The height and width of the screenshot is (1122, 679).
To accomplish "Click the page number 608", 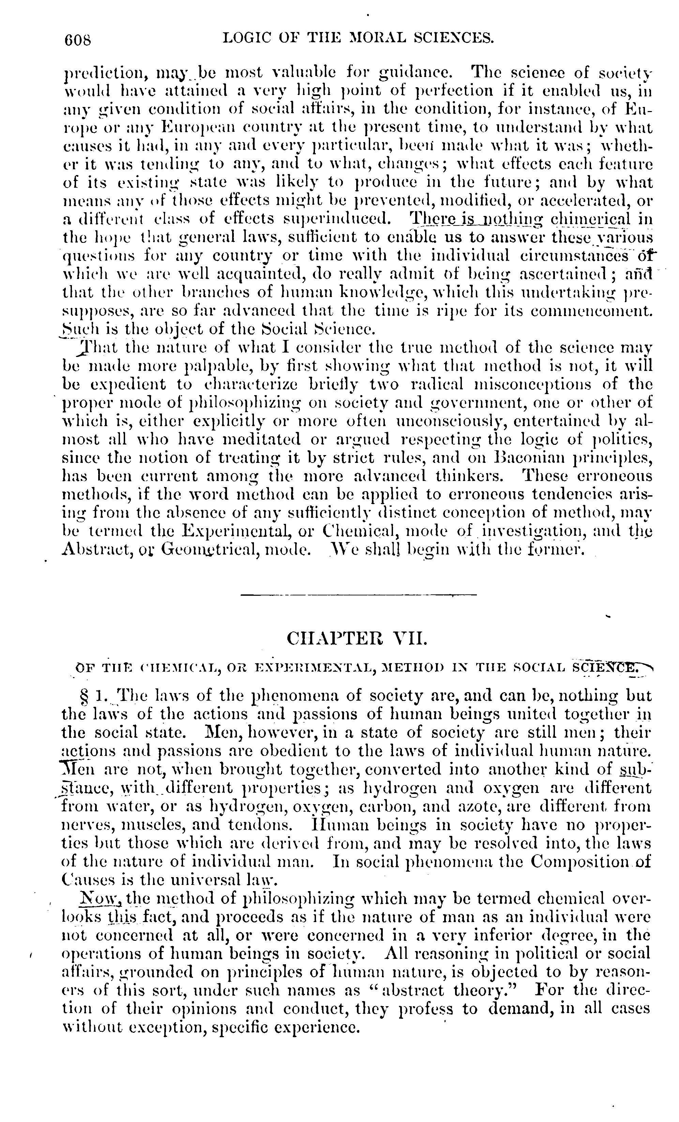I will (x=78, y=40).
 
